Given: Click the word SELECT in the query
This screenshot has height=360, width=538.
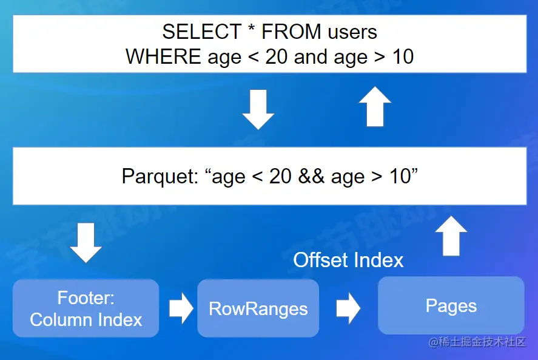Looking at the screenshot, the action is click(202, 32).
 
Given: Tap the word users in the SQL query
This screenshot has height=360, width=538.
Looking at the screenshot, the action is click(352, 32).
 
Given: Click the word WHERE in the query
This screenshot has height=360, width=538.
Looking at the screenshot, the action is click(163, 56).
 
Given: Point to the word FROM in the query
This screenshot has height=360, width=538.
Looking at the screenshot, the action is click(291, 32).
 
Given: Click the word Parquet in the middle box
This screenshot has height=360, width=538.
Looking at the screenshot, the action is click(160, 177).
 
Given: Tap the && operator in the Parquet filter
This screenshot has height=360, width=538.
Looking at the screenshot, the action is click(311, 176).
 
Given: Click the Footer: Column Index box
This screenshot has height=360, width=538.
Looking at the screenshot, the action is click(86, 308).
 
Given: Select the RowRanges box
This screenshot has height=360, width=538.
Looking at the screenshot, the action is click(258, 308).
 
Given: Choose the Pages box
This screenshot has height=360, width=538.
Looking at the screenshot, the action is click(451, 305).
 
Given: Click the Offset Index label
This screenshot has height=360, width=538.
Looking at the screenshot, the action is click(348, 260).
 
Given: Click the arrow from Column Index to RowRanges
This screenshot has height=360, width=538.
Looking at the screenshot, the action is click(181, 308).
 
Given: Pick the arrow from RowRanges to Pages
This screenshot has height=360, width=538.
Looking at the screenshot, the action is click(348, 308).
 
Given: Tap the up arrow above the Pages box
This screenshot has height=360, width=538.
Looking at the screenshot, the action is click(451, 236).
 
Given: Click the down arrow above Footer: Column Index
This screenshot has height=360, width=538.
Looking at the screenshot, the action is click(86, 243).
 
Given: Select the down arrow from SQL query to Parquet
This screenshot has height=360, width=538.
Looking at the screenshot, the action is click(258, 110).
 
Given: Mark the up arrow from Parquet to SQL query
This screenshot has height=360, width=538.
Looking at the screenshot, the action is click(375, 106).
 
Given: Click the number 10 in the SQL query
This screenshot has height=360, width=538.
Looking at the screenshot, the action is click(403, 56).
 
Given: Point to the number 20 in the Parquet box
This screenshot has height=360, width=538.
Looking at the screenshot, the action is click(280, 176).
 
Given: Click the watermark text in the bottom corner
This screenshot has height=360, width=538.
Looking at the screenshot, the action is click(477, 342).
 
